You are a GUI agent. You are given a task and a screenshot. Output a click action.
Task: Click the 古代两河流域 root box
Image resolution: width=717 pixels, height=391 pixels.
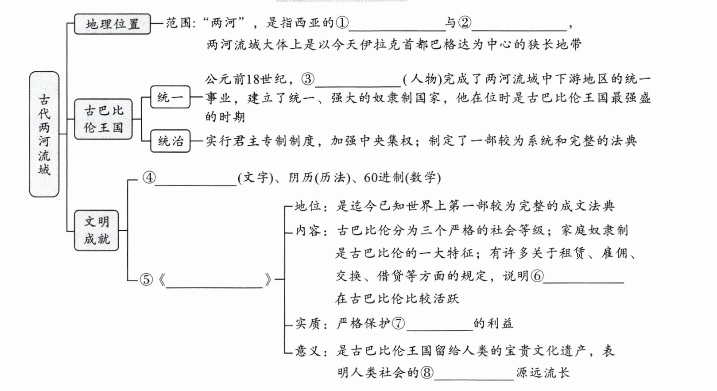(x=44, y=134)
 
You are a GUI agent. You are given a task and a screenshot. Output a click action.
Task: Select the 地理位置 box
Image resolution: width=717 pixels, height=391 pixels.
(x=112, y=23)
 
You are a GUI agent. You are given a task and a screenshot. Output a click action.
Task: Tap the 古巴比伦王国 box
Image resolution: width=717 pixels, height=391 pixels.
(x=103, y=119)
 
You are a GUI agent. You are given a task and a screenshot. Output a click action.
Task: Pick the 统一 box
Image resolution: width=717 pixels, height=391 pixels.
(x=170, y=97)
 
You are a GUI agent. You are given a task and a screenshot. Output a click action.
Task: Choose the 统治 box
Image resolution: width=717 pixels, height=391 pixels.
(x=170, y=141)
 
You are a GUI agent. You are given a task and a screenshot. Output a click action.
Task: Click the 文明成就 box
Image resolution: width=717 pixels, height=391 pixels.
(x=97, y=230)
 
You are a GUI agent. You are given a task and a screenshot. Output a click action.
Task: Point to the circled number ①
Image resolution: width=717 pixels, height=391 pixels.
(x=342, y=23)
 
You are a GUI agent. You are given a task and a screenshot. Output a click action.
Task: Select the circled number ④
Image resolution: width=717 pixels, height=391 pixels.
(x=149, y=178)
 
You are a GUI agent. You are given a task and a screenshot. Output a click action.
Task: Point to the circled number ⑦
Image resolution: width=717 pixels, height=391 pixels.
(x=398, y=324)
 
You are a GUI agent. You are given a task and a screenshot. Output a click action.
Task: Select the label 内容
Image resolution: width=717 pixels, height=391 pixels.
(x=308, y=231)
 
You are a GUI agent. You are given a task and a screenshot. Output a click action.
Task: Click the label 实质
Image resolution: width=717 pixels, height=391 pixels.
(x=308, y=324)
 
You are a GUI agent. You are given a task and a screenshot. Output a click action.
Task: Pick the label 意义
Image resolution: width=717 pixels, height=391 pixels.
(x=308, y=351)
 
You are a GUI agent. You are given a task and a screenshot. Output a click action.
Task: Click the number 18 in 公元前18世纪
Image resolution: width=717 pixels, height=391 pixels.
(x=253, y=79)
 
